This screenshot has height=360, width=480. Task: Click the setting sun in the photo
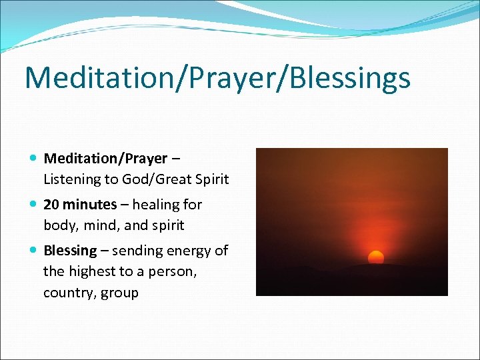pos(376,257)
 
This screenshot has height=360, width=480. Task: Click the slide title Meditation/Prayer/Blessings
pos(217,78)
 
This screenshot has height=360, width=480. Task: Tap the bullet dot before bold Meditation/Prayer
pos(34,159)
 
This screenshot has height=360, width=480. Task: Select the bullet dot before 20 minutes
pos(34,205)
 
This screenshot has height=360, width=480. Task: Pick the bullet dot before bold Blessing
pos(34,251)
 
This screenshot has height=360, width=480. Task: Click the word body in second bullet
pos(59,225)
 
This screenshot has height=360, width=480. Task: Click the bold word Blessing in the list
pos(70,251)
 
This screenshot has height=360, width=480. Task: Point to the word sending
pos(136,251)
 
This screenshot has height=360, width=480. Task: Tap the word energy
pos(189,251)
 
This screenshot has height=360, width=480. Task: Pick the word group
pos(119,293)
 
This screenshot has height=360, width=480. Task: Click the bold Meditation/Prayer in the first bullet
pos(105,159)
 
